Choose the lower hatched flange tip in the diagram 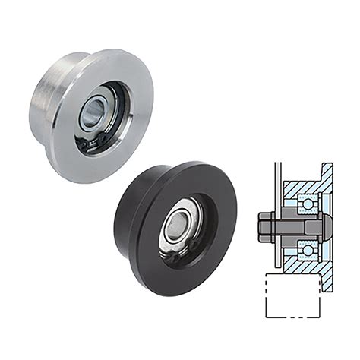[327, 283]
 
